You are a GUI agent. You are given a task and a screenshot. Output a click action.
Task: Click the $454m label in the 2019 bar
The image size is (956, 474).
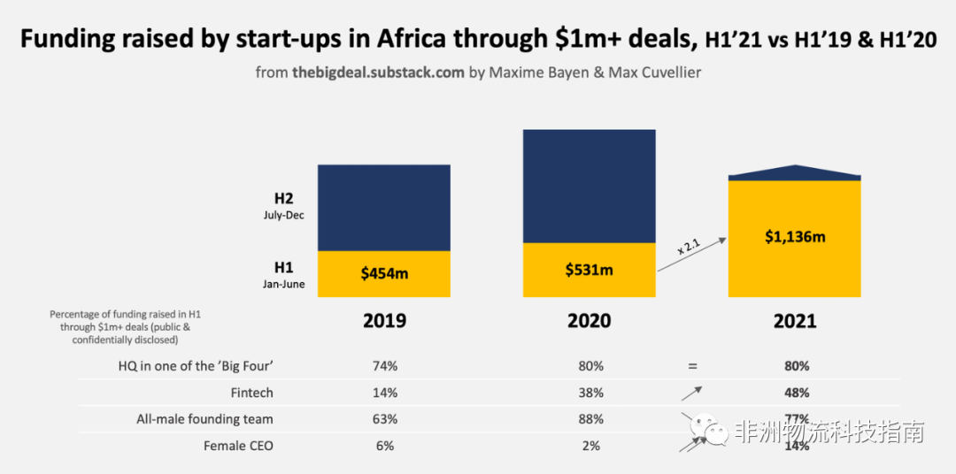[384, 273]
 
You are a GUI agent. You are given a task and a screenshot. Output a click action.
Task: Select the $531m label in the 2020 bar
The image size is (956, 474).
[589, 269]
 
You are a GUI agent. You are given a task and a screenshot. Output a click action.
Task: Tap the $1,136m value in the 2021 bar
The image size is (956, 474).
[795, 237]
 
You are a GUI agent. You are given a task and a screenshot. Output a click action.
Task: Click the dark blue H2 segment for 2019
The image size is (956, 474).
[384, 208]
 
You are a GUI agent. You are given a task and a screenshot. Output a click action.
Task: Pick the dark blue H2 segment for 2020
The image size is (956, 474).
[589, 186]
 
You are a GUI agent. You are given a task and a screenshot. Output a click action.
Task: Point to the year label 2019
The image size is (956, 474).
[384, 320]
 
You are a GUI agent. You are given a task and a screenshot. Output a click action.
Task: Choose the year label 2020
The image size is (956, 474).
[589, 320]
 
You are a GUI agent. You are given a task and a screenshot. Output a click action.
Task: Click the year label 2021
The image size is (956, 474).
[795, 320]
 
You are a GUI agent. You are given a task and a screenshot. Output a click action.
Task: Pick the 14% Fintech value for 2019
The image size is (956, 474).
[385, 393]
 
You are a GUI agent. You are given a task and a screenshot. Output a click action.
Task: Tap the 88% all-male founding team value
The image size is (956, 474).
[590, 419]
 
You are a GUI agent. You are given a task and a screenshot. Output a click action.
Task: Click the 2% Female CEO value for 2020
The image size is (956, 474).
[590, 446]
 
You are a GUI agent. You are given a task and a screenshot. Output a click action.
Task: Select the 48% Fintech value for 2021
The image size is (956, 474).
[796, 393]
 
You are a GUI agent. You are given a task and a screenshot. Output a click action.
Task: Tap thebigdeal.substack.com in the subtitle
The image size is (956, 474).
[378, 73]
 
